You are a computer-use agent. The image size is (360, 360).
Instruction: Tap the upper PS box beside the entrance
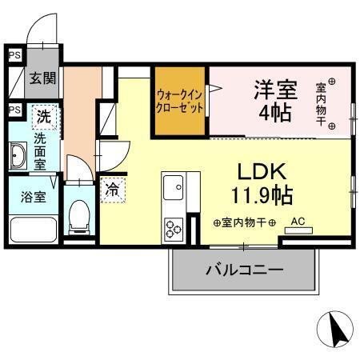point(14,56)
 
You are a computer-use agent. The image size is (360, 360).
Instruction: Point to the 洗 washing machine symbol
point(44,117)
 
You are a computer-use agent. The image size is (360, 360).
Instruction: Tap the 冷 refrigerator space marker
point(113,190)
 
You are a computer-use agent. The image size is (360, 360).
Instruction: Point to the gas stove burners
point(173,228)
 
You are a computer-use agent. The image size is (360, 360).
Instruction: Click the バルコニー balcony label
point(244,270)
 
